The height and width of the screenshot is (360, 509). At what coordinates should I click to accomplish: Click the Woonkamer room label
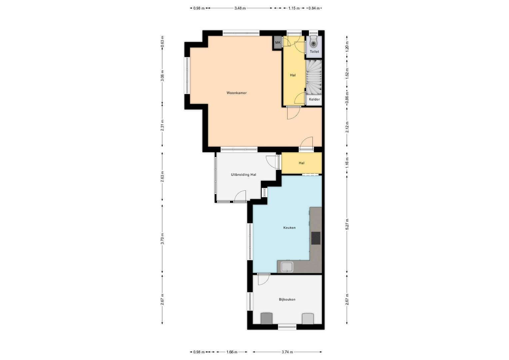pyautogui.click(x=237, y=93)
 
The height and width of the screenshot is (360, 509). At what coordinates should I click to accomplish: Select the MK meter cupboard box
pyautogui.click(x=278, y=43)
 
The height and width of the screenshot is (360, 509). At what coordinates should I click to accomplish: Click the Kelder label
pyautogui.click(x=314, y=99)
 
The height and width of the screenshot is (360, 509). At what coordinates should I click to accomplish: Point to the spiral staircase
pyautogui.click(x=314, y=77)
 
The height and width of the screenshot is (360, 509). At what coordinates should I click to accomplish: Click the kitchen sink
pyautogui.click(x=287, y=267)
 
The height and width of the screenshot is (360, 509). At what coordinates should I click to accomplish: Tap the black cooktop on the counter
pyautogui.click(x=315, y=238)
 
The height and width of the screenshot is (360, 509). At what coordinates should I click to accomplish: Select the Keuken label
pyautogui.click(x=289, y=227)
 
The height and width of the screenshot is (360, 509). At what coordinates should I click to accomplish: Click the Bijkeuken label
pyautogui.click(x=287, y=299)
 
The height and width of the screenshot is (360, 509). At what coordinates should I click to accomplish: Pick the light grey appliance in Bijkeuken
pyautogui.click(x=308, y=318)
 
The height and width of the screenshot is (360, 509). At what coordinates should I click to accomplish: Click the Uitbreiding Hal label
pyautogui.click(x=244, y=175)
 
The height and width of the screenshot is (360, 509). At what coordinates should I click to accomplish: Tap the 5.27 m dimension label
pyautogui.click(x=347, y=224)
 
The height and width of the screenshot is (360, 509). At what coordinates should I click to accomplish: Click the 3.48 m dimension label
pyautogui.click(x=240, y=8)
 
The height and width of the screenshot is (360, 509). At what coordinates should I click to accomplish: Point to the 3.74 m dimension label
pyautogui.click(x=287, y=352)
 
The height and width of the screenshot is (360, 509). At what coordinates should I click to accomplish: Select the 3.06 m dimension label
pyautogui.click(x=162, y=76)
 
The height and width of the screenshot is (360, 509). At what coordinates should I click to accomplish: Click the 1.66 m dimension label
pyautogui.click(x=232, y=352)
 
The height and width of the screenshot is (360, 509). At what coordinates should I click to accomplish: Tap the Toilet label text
pyautogui.click(x=314, y=52)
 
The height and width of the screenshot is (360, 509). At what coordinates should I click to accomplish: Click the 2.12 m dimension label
pyautogui.click(x=347, y=127)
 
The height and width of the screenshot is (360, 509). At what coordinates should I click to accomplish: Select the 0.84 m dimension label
pyautogui.click(x=314, y=8)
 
